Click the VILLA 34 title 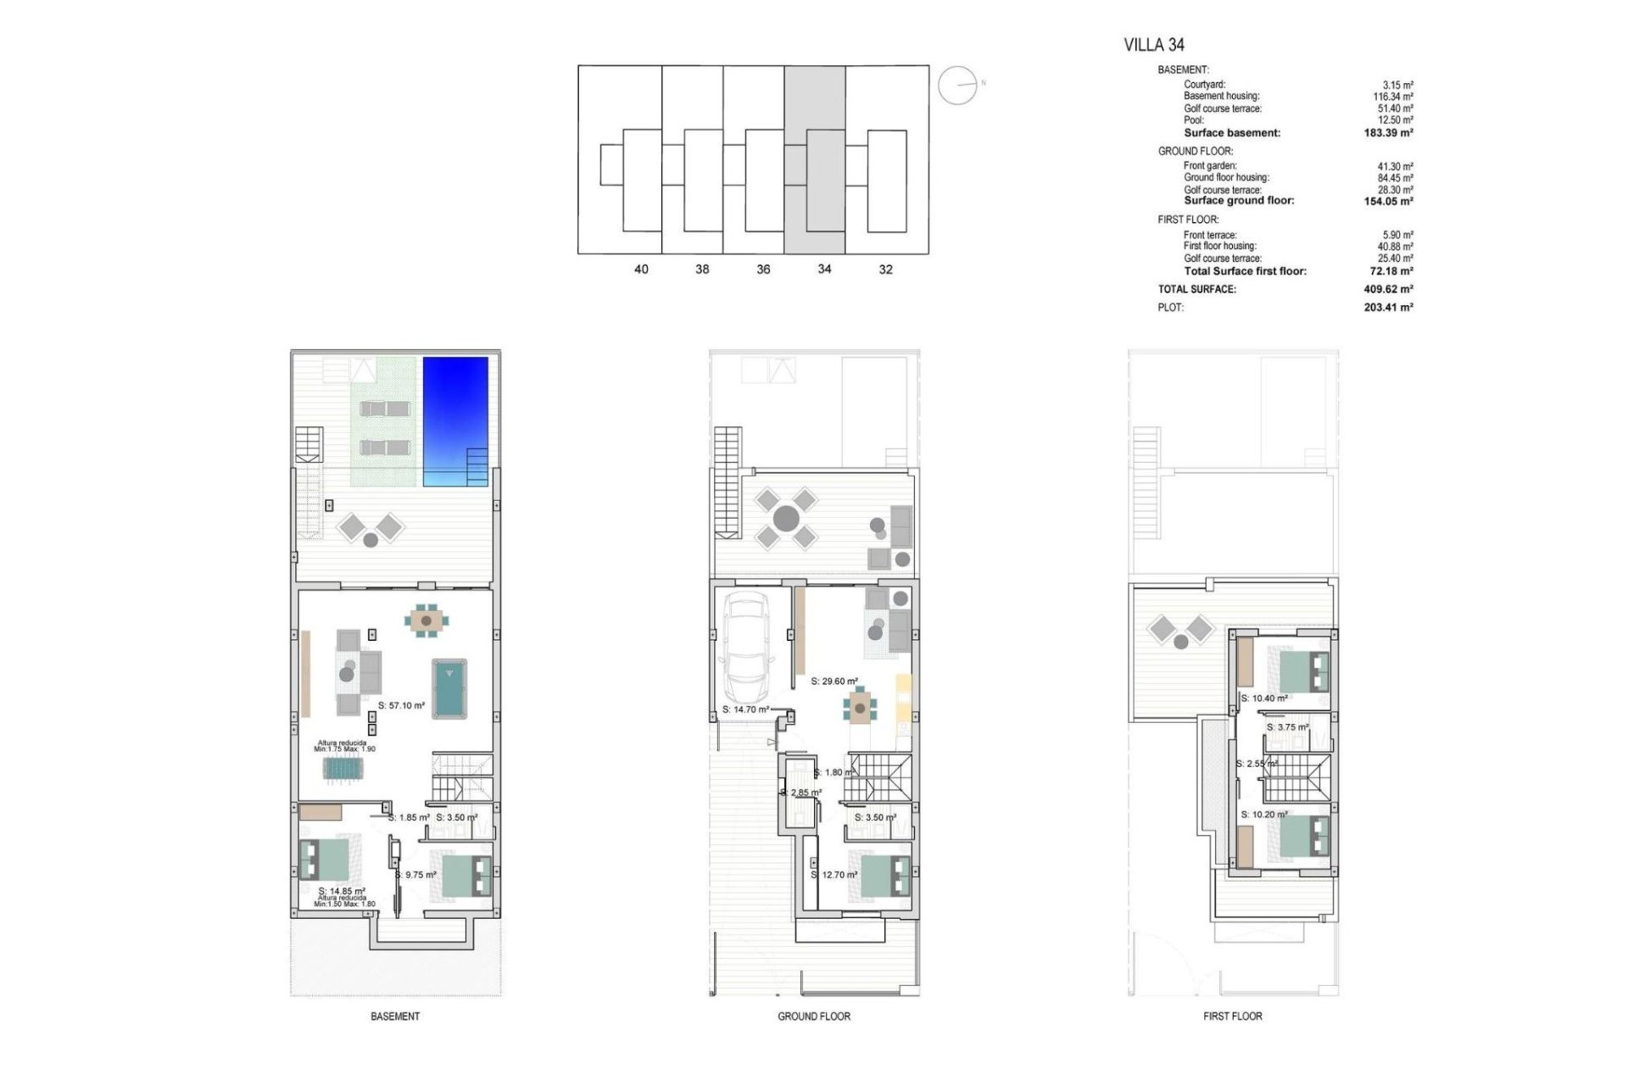point(1153,45)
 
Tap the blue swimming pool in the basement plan point(455,420)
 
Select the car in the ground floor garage point(747,652)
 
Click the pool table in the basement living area point(449,688)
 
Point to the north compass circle point(957,86)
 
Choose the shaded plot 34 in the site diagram point(814,160)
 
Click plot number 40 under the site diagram point(641,270)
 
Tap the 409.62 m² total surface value point(1388,289)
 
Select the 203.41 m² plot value point(1388,308)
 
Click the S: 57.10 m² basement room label point(401,705)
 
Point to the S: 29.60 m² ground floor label point(834,681)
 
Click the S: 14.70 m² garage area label point(745,709)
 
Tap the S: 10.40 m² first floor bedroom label point(1264,698)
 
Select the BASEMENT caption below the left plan point(395,1016)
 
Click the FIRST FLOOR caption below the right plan point(1232,1016)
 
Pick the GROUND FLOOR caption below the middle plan point(814,1016)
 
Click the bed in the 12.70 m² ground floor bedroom point(885,876)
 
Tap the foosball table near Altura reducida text point(343,769)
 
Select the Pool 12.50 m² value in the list point(1395,120)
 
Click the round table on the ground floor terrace point(786,518)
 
